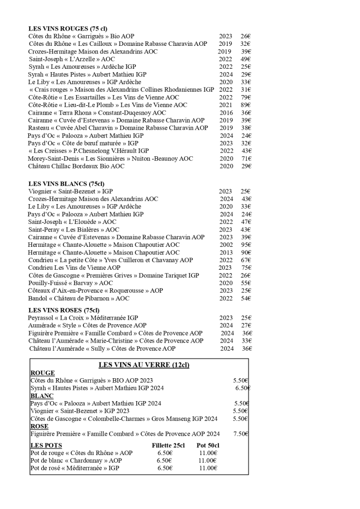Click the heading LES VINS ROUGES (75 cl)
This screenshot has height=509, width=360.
68,29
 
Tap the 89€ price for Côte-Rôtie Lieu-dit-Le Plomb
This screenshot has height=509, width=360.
246,105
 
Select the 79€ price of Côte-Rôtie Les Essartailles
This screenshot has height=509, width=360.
246,97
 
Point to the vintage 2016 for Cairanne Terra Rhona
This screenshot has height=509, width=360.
226,112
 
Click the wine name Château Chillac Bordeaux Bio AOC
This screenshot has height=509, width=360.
76,166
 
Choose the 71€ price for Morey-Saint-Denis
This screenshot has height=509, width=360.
246,158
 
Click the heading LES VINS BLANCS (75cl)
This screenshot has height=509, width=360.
66,183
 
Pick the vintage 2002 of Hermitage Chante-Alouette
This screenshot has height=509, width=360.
226,245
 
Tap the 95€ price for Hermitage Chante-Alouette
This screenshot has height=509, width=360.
246,245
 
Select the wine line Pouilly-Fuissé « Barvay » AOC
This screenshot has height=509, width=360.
70,283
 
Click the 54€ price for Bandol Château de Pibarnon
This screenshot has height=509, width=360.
246,298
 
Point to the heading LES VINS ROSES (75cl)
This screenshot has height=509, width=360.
64,310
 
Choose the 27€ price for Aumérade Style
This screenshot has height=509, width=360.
246,325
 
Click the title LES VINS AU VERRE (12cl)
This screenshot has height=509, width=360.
144,365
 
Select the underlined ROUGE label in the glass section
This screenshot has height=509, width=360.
43,373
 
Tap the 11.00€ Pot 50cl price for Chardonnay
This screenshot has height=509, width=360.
208,460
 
